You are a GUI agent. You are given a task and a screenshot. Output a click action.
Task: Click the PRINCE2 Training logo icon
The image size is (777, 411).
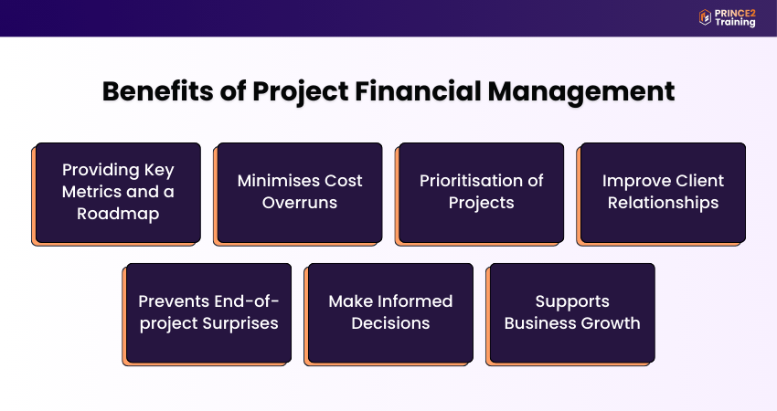click(705, 17)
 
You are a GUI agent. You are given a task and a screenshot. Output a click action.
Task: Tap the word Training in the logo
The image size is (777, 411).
click(736, 23)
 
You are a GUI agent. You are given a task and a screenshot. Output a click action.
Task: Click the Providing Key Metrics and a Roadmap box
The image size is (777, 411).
click(118, 192)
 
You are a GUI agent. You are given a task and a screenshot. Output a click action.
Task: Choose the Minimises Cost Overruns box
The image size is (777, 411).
click(300, 192)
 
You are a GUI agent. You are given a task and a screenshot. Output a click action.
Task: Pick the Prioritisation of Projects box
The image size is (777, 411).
click(482, 192)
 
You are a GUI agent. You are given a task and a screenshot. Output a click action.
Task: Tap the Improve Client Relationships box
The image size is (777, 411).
click(663, 192)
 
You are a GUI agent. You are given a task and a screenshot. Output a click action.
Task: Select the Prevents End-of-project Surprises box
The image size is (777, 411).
click(208, 312)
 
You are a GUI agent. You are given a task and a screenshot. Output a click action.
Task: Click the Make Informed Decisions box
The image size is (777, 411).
click(390, 312)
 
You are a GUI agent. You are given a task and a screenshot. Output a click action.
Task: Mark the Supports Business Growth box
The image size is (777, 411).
click(572, 312)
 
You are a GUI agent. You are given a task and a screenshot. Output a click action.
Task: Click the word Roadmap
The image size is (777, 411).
click(118, 214)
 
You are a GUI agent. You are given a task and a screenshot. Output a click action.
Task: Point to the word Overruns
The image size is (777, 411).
click(300, 203)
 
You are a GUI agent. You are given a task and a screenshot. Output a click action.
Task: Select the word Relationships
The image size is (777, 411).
click(663, 203)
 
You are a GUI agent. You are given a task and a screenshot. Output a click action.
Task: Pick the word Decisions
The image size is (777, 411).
click(390, 323)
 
